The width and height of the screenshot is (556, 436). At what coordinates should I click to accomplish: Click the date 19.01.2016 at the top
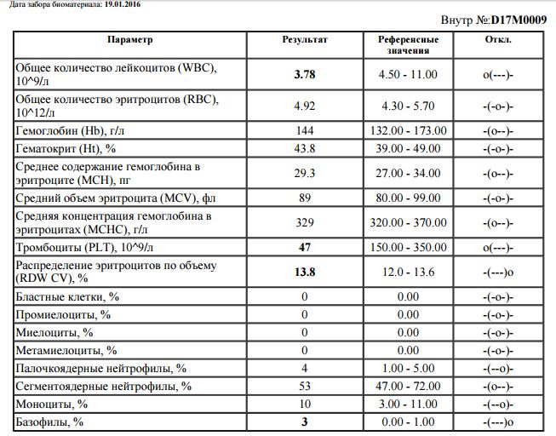[x=121, y=4]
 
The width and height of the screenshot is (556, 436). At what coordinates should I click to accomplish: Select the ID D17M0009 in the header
[x=514, y=19]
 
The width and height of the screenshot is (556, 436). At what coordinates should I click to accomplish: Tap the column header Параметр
[x=130, y=40]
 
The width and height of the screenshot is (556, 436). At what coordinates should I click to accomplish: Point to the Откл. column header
[x=498, y=40]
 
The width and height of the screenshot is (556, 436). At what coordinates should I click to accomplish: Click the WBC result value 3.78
[x=304, y=75]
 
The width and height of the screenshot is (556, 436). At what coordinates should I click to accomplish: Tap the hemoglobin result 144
[x=304, y=131]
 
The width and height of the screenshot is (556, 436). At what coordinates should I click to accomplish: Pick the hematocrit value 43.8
[x=304, y=148]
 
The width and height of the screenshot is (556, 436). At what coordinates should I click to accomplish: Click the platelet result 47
[x=304, y=248]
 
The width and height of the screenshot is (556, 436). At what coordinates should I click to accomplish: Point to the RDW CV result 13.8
[x=304, y=272]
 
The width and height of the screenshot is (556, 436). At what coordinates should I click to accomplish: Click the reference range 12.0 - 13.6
[x=409, y=272]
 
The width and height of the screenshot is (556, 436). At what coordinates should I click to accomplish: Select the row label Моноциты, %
[x=53, y=404]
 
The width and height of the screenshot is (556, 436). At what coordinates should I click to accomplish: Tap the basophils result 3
[x=304, y=422]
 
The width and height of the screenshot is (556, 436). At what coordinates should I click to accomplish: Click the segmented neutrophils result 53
[x=304, y=387]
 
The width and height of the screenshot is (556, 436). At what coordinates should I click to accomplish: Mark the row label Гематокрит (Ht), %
[x=65, y=148]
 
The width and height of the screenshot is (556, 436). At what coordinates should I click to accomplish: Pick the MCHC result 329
[x=304, y=223]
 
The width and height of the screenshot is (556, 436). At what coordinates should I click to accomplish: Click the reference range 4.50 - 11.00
[x=409, y=75]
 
